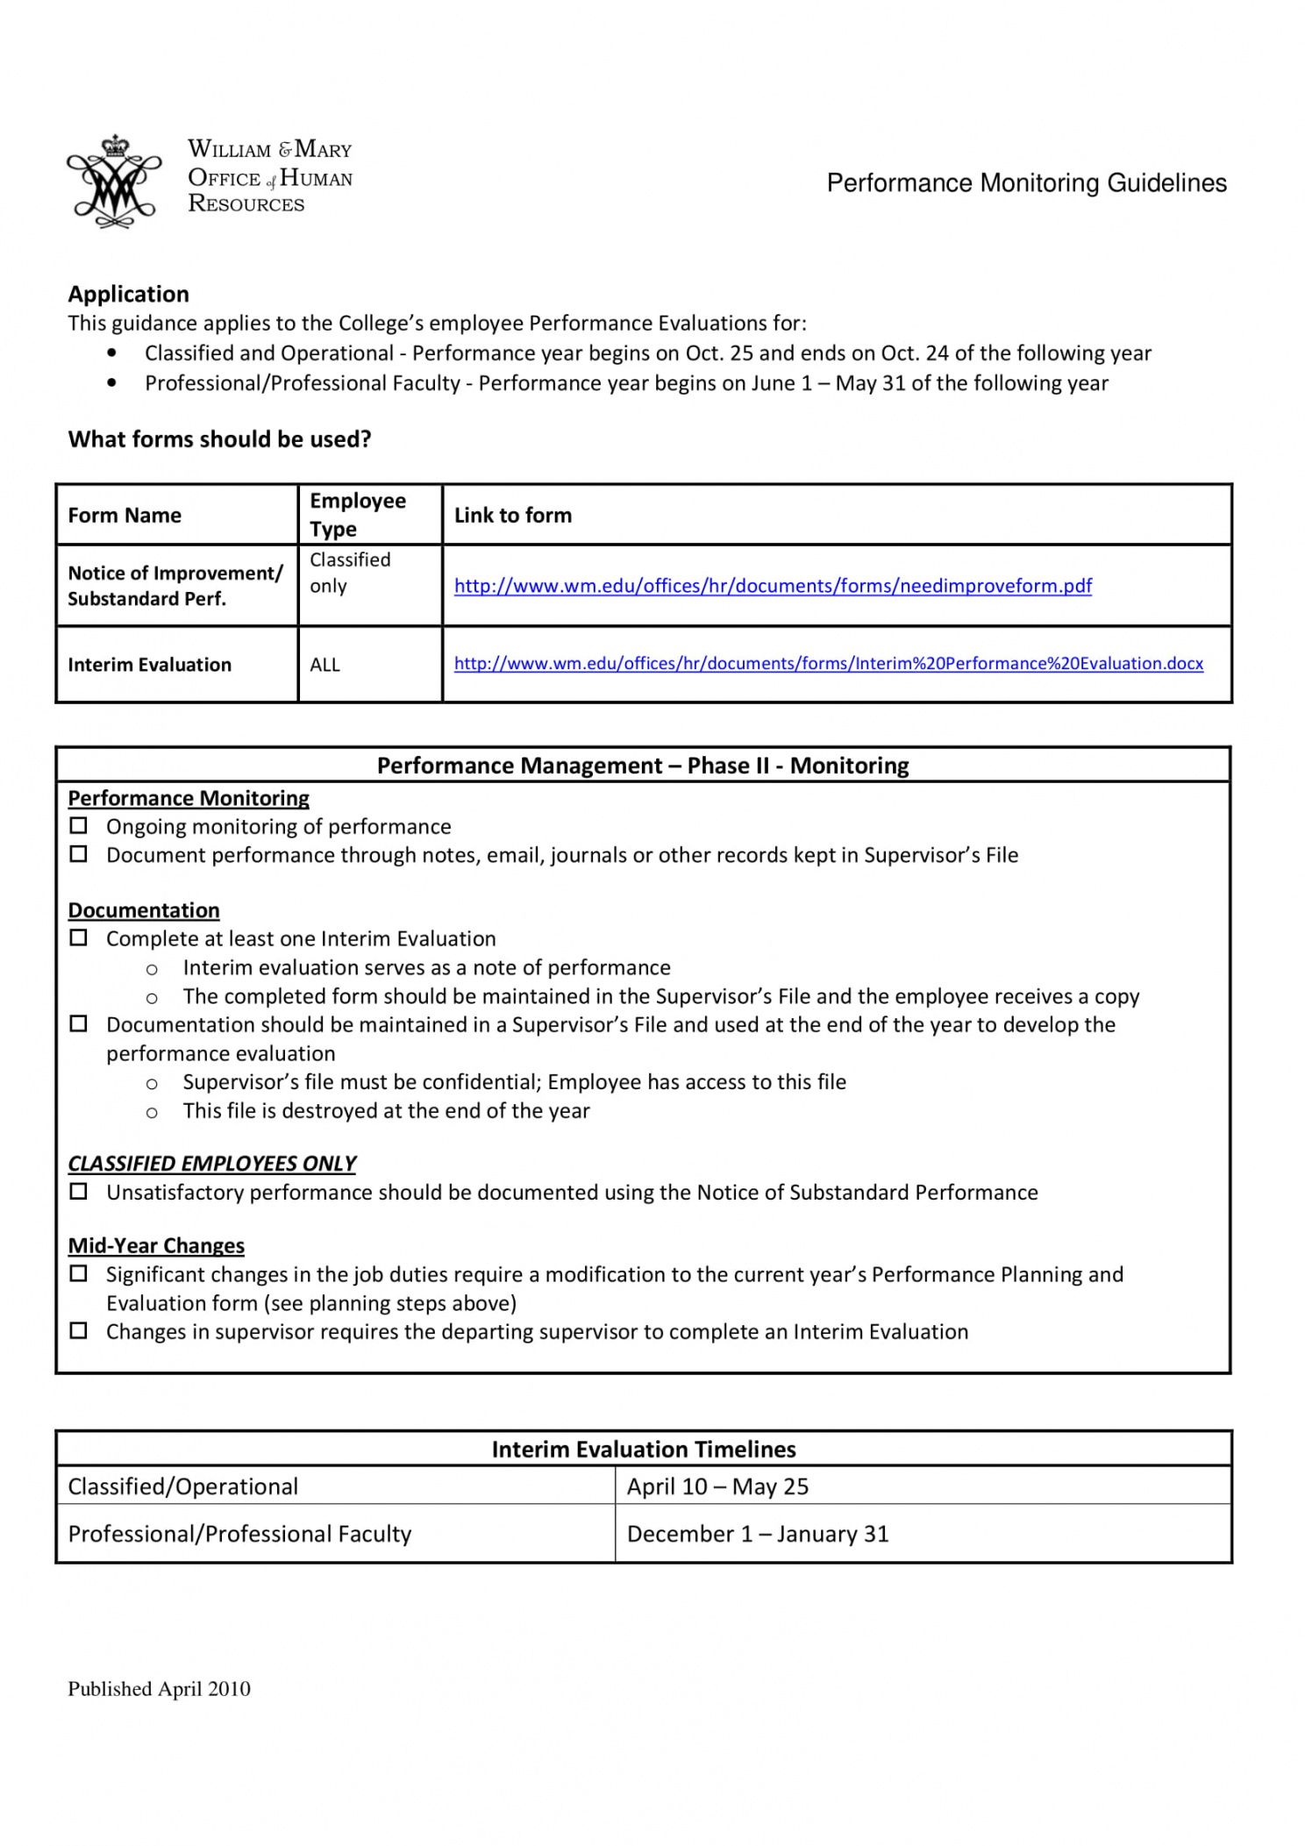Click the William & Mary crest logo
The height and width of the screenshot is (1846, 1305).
coord(114,182)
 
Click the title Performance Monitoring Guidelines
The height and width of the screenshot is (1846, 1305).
coord(1026,183)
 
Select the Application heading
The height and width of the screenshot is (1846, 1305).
coord(129,294)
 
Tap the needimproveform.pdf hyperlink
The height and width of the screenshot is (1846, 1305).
coord(773,586)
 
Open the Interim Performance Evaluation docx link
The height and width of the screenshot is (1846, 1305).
coord(828,663)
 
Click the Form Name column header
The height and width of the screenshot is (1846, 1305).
coord(125,515)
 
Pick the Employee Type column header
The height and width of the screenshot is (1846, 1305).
coord(358,515)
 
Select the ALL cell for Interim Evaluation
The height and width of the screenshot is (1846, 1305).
coord(325,665)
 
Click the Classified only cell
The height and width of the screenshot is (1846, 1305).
coord(350,573)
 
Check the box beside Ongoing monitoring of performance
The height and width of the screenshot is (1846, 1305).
coord(79,826)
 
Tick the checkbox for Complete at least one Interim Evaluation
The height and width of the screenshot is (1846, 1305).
coord(79,938)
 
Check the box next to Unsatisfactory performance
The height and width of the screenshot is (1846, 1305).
coord(79,1192)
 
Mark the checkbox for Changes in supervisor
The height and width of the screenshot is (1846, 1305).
coord(79,1331)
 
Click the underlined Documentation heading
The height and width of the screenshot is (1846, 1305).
coord(144,910)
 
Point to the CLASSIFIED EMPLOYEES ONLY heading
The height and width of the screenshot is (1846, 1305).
coord(211,1163)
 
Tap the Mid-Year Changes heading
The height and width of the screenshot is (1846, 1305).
coord(156,1245)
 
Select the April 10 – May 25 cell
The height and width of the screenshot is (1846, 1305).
coord(717,1486)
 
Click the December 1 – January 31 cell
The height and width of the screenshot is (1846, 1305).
coord(758,1534)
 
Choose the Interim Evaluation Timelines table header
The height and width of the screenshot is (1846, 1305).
coord(644,1449)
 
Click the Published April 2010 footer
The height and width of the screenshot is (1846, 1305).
coord(159,1689)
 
